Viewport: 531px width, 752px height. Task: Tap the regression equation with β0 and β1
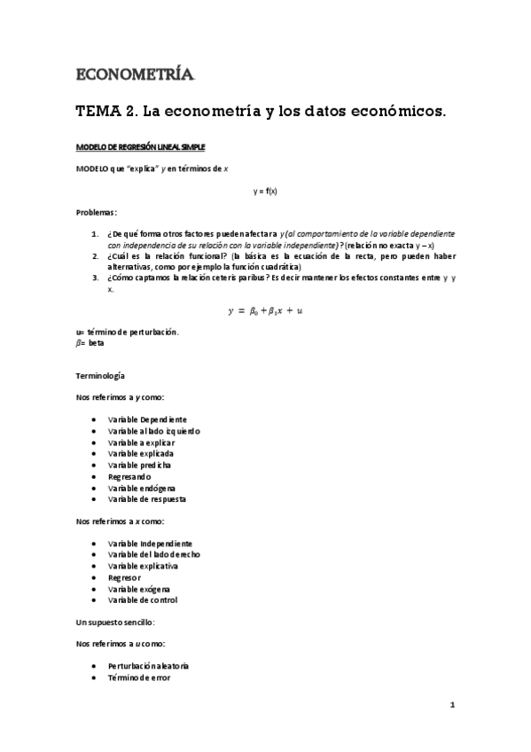(265, 310)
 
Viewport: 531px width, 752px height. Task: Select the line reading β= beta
(90, 342)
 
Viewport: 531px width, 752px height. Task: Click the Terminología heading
(101, 376)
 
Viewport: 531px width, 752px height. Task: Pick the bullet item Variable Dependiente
(146, 419)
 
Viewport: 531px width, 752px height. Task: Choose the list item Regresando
(131, 476)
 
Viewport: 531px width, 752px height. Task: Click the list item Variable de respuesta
(146, 499)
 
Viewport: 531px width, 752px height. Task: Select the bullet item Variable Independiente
(150, 543)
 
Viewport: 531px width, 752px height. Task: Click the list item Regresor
(124, 577)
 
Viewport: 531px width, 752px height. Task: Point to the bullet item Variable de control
(143, 600)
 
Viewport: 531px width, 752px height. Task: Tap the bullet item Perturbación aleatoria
(148, 665)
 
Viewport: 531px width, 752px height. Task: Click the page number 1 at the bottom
(452, 706)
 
